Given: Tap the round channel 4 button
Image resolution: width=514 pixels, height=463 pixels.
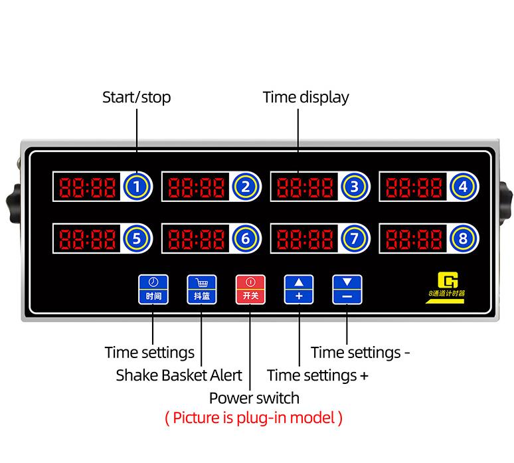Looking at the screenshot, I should pyautogui.click(x=463, y=187).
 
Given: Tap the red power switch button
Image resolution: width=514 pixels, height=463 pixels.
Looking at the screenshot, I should pyautogui.click(x=250, y=289).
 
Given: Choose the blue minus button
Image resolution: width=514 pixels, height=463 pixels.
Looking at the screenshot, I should pyautogui.click(x=347, y=289).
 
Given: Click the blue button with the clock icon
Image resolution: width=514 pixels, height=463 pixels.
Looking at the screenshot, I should pyautogui.click(x=153, y=289).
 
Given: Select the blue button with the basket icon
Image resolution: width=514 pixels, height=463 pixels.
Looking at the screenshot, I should pyautogui.click(x=202, y=289).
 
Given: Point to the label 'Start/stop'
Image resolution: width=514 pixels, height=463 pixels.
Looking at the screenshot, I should pyautogui.click(x=136, y=98).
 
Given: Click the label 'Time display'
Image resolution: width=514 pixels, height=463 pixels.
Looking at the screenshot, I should pyautogui.click(x=305, y=98).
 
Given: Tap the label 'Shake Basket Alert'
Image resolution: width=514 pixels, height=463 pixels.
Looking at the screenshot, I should pyautogui.click(x=179, y=375).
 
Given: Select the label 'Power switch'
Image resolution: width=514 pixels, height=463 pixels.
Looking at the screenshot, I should pyautogui.click(x=254, y=398).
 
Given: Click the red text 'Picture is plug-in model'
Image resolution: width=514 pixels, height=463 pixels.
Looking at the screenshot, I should pyautogui.click(x=254, y=418).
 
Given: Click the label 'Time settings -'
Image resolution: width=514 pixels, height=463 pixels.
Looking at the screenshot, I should pyautogui.click(x=361, y=352).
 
